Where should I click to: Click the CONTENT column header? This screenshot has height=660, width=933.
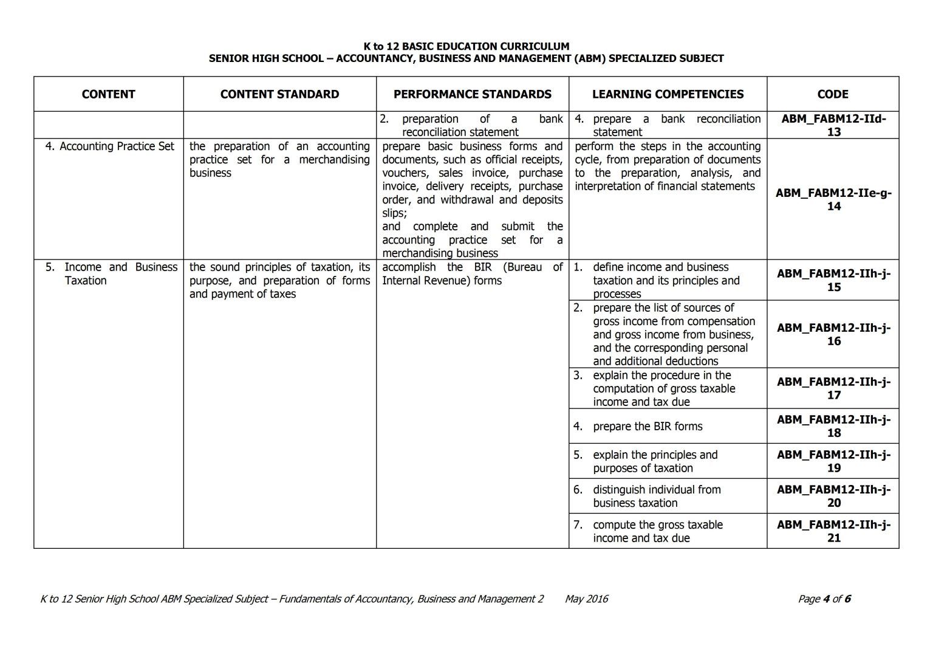point(108,94)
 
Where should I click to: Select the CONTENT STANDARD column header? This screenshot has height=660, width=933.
point(279,94)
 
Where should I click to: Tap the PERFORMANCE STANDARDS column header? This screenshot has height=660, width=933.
point(473,94)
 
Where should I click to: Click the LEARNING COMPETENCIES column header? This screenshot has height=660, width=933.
point(668,94)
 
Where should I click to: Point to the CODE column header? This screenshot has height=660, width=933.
point(833,94)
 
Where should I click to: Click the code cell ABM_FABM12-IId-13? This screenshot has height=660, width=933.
point(833,125)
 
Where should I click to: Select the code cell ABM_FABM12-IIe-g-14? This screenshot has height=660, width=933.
point(833,199)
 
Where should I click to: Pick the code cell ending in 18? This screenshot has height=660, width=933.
point(833,426)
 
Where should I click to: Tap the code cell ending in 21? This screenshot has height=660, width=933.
point(833,531)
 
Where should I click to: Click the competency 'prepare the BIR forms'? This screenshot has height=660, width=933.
point(647,427)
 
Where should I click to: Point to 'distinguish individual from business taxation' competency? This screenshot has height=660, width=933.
point(656,496)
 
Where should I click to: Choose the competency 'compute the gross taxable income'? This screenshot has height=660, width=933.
point(657,531)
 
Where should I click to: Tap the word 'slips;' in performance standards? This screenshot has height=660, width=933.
point(395,213)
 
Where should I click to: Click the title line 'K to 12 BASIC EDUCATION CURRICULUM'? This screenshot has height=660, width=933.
point(466,46)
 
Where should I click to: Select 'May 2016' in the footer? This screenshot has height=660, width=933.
point(586,599)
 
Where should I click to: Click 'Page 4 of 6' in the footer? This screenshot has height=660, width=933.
point(824,599)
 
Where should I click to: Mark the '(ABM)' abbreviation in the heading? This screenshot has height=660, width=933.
point(587,59)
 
